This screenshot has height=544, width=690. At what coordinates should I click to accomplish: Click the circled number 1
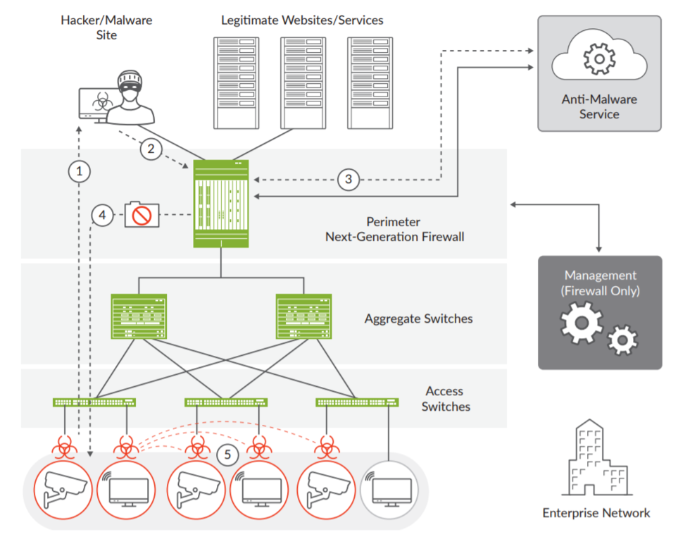pyautogui.click(x=80, y=171)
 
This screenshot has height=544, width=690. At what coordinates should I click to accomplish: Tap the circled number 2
pyautogui.click(x=149, y=149)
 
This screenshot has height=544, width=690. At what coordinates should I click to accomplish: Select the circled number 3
pyautogui.click(x=348, y=180)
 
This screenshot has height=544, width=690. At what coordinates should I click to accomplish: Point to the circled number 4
pyautogui.click(x=103, y=215)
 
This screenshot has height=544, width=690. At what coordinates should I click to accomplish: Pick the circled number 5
pyautogui.click(x=227, y=455)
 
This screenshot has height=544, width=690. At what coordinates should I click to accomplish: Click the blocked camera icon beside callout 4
pyautogui.click(x=142, y=214)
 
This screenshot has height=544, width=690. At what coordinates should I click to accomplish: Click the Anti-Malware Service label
pyautogui.click(x=599, y=106)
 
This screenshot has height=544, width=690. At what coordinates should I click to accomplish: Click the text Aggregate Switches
pyautogui.click(x=418, y=319)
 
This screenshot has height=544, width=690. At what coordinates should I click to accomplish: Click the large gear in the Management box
pyautogui.click(x=581, y=322)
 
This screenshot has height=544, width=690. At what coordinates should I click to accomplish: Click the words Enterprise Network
pyautogui.click(x=596, y=512)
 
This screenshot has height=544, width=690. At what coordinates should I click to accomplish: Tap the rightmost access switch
pyautogui.click(x=358, y=402)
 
